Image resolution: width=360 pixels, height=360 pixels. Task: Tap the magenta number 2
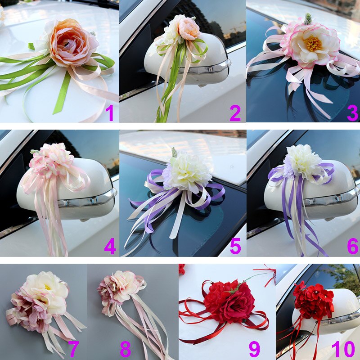click(235, 112)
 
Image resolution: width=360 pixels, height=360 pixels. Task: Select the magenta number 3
click(352, 112)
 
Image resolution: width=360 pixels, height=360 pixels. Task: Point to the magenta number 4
click(110, 246)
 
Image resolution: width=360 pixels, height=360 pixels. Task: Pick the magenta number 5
click(235, 246)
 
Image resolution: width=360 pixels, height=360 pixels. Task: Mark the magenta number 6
click(352, 246)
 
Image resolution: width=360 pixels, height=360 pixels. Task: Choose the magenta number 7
click(73, 349)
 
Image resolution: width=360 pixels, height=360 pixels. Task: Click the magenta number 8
click(126, 349)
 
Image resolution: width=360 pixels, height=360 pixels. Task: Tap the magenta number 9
click(254, 349)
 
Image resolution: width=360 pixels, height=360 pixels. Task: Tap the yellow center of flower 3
click(312, 44)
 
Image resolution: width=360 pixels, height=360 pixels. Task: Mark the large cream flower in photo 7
click(46, 292)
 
